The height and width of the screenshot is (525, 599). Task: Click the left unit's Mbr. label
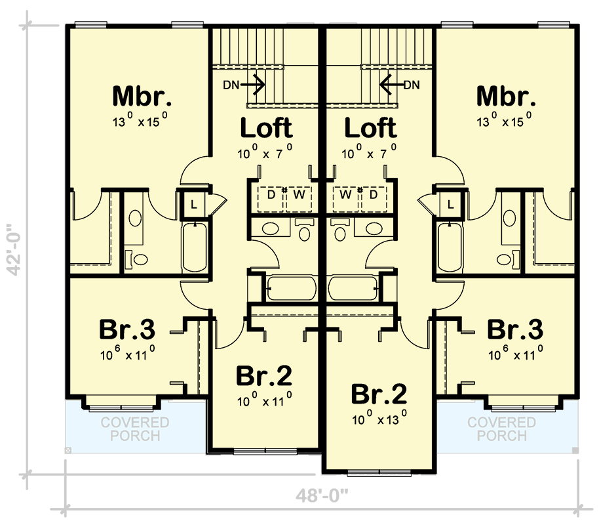[142, 96]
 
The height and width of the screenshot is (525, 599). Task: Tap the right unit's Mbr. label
[505, 96]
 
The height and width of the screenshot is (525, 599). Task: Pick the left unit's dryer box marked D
[270, 195]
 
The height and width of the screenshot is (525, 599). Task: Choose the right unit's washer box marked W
[345, 195]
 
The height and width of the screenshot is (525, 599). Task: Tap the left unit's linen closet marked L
[193, 203]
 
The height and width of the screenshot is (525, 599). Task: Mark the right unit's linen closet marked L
[450, 203]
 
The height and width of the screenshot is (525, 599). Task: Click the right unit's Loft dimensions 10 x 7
[369, 153]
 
